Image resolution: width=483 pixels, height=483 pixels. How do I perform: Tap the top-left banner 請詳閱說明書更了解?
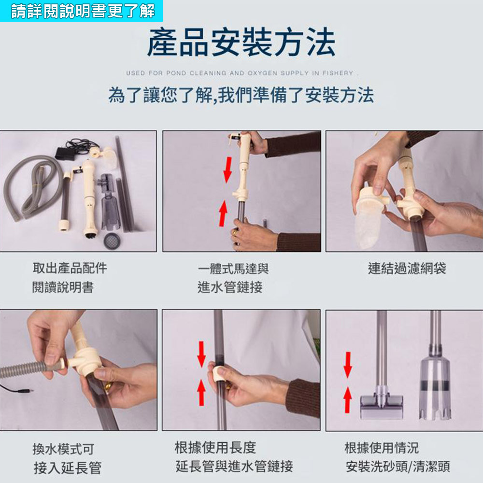point(82,10)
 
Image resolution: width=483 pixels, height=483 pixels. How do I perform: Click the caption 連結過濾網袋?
point(407,269)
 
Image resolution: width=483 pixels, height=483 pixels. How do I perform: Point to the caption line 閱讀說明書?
point(63,288)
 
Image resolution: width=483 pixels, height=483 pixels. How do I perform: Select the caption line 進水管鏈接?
point(230,288)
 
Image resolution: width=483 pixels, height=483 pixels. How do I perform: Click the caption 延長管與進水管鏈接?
point(234,467)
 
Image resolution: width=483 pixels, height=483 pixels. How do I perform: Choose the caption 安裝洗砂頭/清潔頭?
point(398,467)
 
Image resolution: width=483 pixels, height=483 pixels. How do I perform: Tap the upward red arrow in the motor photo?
point(222,213)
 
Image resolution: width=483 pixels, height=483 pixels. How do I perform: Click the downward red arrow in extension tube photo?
point(201,354)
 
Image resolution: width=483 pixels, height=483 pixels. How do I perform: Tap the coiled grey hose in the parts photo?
point(29,186)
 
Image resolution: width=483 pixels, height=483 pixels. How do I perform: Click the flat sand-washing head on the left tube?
point(382,405)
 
